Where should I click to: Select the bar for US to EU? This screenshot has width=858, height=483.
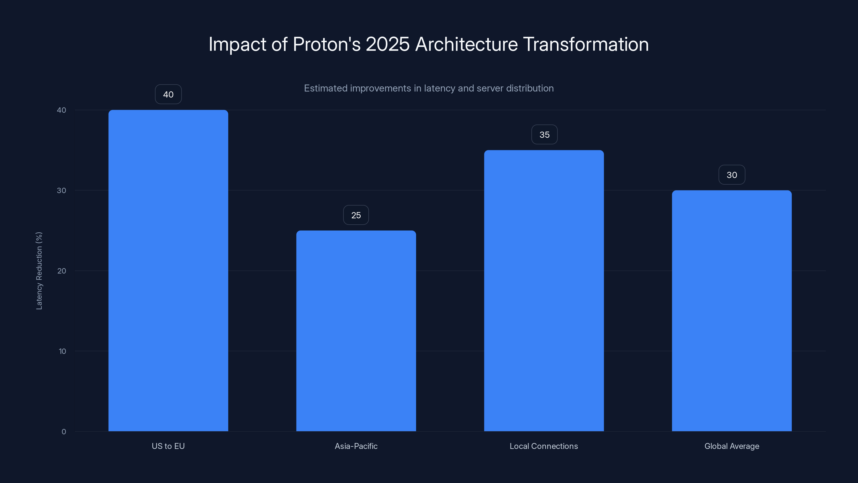(168, 270)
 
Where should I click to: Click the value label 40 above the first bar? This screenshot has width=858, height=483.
(168, 94)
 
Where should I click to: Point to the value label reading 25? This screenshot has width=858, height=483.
(356, 215)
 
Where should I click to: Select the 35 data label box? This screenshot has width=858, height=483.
(544, 135)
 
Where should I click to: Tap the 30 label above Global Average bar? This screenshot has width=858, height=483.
(732, 175)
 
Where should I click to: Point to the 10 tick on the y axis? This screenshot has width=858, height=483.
(62, 351)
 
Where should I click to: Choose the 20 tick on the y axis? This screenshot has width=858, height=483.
(62, 271)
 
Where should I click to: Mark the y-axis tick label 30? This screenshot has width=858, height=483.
(62, 190)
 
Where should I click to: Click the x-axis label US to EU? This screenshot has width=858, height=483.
(168, 446)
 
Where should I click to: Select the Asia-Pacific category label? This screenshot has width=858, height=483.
(356, 446)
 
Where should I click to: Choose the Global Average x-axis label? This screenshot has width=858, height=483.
(732, 446)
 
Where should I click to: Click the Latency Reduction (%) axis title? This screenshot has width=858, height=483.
(39, 271)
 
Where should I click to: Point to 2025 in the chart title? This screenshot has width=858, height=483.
(387, 44)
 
